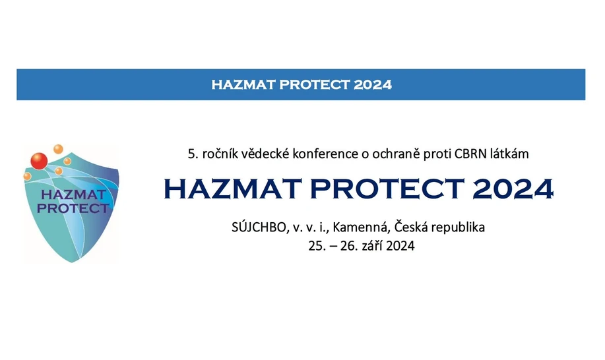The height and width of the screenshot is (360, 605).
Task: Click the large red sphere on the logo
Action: point(39,161)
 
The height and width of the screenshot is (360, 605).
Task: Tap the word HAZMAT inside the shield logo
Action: point(73,195)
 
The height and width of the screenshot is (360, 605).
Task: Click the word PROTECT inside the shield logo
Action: point(73,208)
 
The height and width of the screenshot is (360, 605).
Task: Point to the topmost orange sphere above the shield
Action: point(58,148)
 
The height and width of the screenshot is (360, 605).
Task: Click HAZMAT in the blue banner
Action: point(243,84)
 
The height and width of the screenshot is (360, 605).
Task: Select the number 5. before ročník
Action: point(193,154)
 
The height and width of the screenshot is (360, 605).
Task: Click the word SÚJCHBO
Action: point(256,228)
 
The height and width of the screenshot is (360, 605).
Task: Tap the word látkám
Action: point(510,154)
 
